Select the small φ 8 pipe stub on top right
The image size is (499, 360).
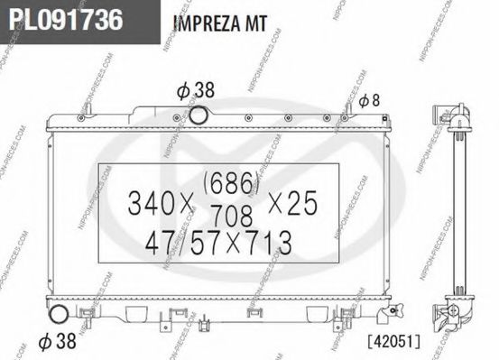[346, 109]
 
